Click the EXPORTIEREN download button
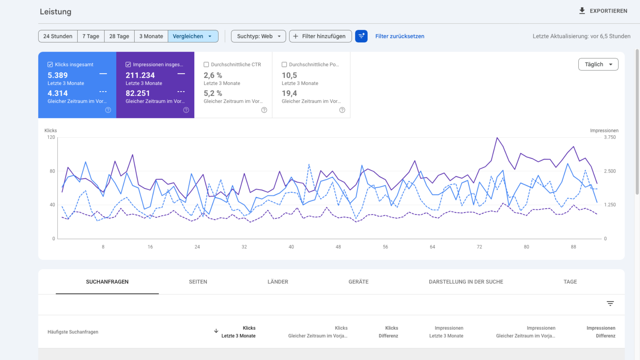pos(603,11)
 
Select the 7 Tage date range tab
pos(91,36)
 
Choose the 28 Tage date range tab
pos(119,36)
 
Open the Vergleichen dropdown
pos(193,36)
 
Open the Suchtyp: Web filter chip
pos(258,36)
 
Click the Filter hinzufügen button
pos(320,36)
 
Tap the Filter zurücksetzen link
pos(400,36)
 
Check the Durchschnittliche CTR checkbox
pos(206,65)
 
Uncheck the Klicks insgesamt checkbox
pos(50,65)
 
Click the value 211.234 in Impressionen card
pos(140,75)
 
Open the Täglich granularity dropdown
pos(598,64)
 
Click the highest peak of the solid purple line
pos(497,138)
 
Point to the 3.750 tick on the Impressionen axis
pos(610,137)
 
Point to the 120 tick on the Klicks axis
pos(51,137)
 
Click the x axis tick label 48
pos(338,247)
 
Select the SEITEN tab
pos(198,282)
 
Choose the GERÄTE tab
pos(358,282)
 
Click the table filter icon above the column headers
pos(610,303)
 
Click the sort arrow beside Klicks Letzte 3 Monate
pos(216,331)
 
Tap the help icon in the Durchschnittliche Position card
pos(342,110)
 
